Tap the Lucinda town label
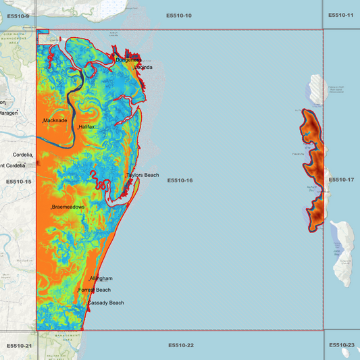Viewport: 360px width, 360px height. (x=143, y=68)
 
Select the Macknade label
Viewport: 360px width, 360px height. (x=55, y=120)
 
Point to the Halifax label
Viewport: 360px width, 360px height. (x=87, y=127)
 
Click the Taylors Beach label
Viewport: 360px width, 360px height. (x=143, y=175)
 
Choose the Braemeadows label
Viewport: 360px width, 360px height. (x=68, y=207)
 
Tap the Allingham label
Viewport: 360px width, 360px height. (x=101, y=278)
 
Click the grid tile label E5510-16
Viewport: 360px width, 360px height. (x=180, y=180)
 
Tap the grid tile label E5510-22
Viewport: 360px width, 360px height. (x=181, y=345)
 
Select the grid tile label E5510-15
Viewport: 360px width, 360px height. (x=19, y=182)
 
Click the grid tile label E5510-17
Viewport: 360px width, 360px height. (x=341, y=180)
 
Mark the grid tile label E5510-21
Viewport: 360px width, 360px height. (x=19, y=345)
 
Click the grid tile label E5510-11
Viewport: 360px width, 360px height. (x=340, y=15)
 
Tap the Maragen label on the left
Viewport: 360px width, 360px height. (x=8, y=113)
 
